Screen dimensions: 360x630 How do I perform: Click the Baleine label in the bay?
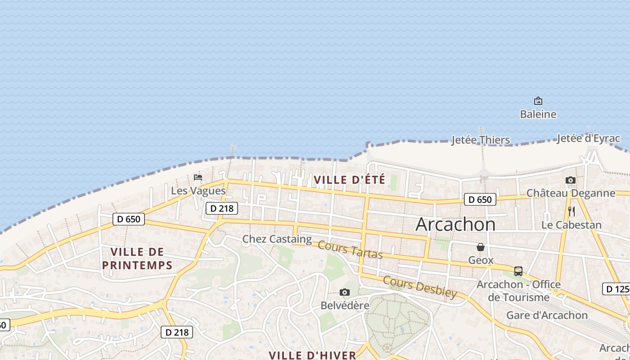tap(538, 114)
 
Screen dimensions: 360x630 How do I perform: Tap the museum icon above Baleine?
tap(538, 101)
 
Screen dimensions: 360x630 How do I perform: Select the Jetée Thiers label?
tap(481, 140)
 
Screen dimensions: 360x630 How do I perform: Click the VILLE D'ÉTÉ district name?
tap(349, 180)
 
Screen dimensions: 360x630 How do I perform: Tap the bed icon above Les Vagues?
tap(198, 177)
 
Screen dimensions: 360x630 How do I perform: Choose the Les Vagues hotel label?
tap(198, 191)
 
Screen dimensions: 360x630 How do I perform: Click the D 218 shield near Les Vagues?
tap(221, 208)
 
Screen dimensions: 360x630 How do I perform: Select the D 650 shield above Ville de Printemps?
tap(129, 219)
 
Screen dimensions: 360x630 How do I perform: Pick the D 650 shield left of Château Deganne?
tap(480, 199)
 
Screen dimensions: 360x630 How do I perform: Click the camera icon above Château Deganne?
tap(571, 180)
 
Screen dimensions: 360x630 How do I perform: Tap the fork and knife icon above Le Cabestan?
tap(571, 211)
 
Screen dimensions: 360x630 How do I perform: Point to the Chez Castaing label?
tap(277, 239)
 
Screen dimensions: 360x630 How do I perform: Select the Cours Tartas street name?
tap(350, 250)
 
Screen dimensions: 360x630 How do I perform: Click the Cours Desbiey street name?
tap(419, 286)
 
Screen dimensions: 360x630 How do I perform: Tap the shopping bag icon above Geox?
tap(481, 247)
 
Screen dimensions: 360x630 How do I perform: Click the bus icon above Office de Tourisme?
tap(518, 271)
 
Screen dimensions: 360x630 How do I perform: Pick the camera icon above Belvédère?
tap(345, 292)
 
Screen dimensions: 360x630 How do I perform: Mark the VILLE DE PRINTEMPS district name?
tap(137, 258)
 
